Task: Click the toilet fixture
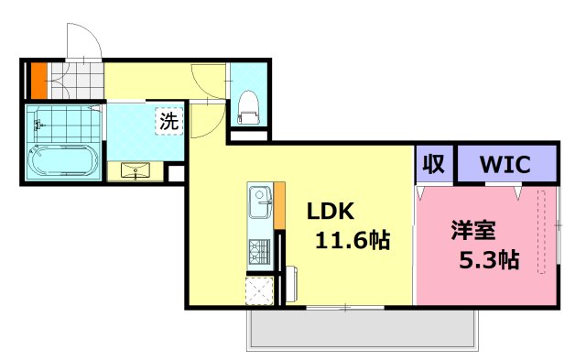[x=248, y=107]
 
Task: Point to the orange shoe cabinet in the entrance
[x=38, y=80]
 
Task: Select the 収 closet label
[x=434, y=164]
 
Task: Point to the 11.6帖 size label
[x=353, y=241]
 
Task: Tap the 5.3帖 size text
[x=488, y=259]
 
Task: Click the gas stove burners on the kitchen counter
[x=259, y=249]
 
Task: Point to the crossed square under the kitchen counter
[x=259, y=290]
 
